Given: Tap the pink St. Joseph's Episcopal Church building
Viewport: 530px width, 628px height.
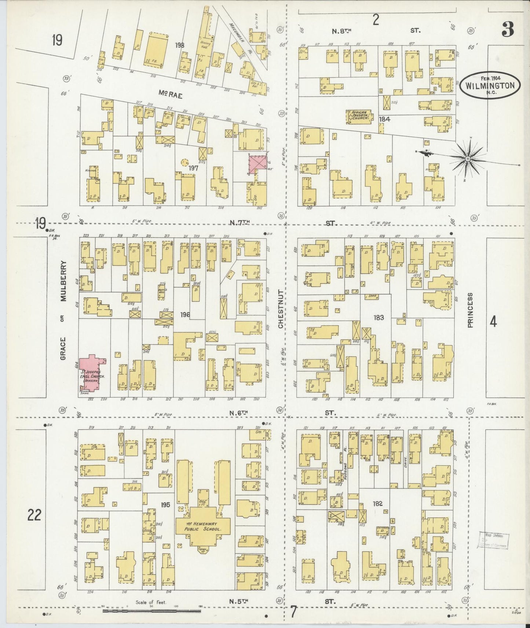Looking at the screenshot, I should [x=91, y=375].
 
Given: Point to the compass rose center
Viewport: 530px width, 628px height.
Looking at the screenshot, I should [x=468, y=159].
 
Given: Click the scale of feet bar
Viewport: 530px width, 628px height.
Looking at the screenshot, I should [x=152, y=611].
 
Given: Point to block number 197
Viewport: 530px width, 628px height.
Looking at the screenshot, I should [x=193, y=168].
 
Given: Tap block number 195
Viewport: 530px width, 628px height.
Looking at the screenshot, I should [x=165, y=505].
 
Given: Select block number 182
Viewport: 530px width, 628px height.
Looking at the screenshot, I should [x=377, y=503].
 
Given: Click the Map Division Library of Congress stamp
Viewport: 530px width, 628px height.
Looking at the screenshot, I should [x=494, y=540].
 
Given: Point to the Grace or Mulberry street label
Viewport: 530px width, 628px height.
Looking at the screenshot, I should [x=63, y=310].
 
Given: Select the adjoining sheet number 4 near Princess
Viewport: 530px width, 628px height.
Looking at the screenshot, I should [x=493, y=322].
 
